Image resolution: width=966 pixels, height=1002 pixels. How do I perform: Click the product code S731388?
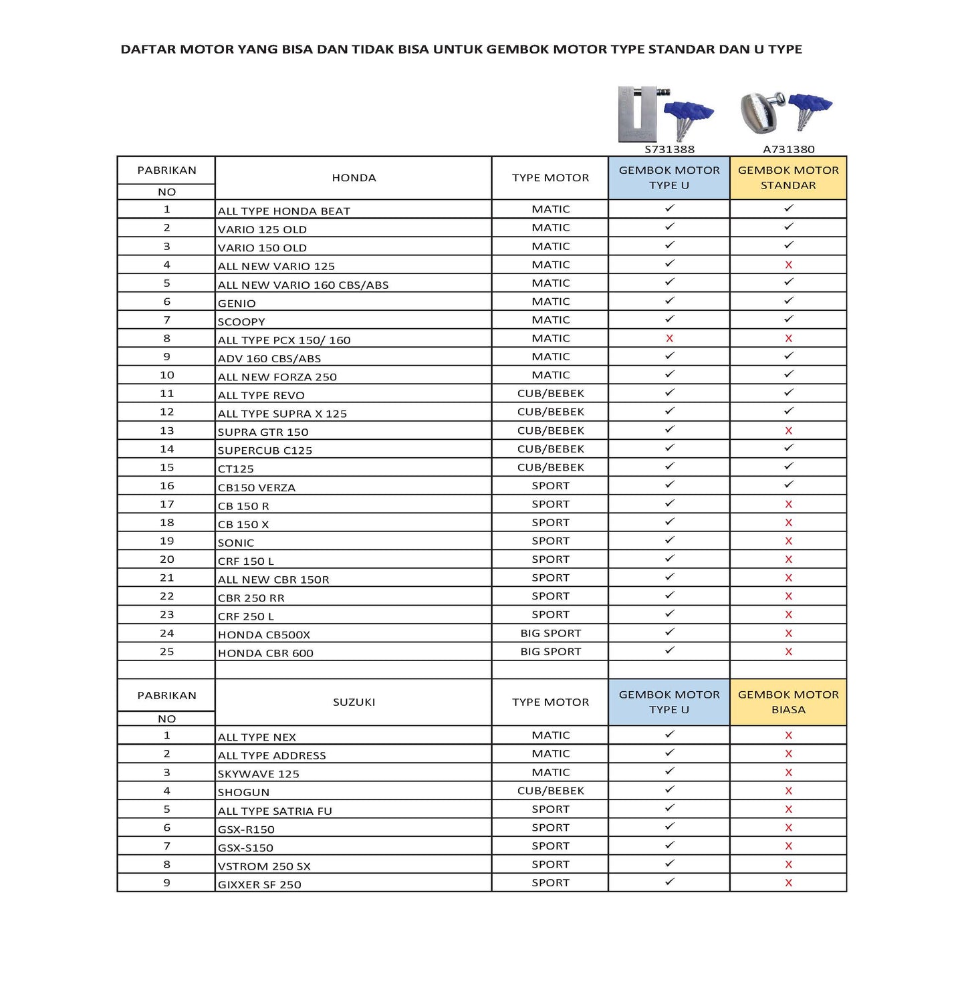(x=669, y=149)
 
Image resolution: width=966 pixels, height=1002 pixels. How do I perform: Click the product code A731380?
(x=788, y=149)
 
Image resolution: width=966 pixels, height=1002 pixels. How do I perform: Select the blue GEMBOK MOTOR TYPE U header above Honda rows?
(x=669, y=178)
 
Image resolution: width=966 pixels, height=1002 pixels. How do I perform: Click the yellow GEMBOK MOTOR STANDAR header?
(x=788, y=178)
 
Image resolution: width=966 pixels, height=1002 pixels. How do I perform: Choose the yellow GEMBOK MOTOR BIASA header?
(x=788, y=702)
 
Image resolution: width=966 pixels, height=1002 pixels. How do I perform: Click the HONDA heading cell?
(x=354, y=178)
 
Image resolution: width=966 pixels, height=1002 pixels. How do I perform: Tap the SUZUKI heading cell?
(x=354, y=702)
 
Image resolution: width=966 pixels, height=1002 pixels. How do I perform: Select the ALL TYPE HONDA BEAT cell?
(x=283, y=211)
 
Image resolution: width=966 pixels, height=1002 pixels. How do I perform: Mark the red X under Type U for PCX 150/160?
(x=669, y=339)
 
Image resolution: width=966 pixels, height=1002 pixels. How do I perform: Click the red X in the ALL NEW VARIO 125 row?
(x=788, y=265)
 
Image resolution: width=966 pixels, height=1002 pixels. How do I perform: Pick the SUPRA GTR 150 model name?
(x=263, y=432)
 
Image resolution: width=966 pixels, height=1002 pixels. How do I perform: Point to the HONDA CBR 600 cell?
(x=265, y=653)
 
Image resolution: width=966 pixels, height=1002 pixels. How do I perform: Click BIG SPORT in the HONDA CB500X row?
(x=550, y=633)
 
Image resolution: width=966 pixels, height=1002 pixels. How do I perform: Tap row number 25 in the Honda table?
(x=166, y=652)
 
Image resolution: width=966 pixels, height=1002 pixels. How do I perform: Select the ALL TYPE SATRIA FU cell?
(x=275, y=811)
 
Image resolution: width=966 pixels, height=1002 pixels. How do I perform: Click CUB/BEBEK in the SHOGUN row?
(x=550, y=791)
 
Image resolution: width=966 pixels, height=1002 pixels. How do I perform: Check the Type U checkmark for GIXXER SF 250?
(x=669, y=882)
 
